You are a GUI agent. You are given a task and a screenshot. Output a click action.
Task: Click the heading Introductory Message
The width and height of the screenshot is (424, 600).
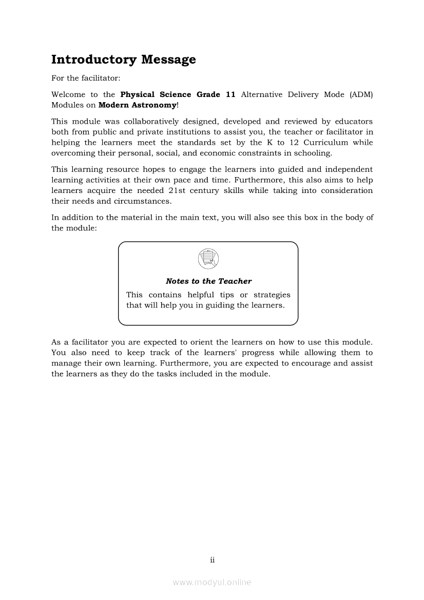pos(123,60)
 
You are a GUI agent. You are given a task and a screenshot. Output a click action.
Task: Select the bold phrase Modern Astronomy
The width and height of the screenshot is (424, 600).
pos(137,105)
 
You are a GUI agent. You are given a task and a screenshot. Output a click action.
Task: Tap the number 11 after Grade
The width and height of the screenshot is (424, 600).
pos(230,95)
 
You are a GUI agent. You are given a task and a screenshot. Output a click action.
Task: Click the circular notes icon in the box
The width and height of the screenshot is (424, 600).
pos(208,258)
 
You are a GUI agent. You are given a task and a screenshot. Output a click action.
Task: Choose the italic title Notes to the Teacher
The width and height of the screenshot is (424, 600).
pos(208,281)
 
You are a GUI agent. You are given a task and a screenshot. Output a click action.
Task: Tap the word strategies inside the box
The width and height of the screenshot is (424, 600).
pos(272,295)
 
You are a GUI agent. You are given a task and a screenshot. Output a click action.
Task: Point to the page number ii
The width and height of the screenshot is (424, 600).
pos(212,560)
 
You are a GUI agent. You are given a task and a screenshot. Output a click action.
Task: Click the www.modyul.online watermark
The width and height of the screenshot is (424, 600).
pos(212,583)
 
